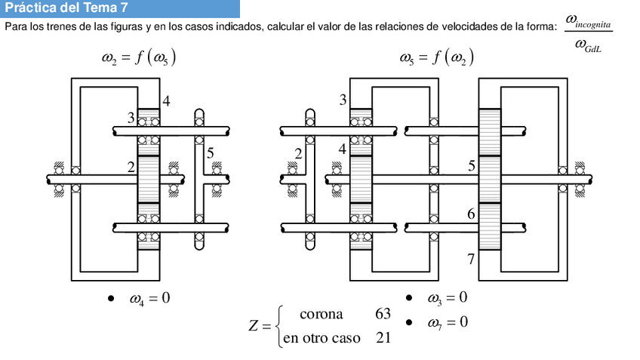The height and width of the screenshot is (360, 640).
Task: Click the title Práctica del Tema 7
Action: pos(66,8)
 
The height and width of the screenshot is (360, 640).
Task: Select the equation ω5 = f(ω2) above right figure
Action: pos(435,57)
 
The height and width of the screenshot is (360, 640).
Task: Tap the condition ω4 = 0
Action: pos(149,299)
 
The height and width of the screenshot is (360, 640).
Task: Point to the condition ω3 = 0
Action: pos(447,298)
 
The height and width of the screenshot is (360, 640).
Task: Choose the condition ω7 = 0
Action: pos(447,322)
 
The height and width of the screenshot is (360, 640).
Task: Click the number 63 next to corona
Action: pos(383,314)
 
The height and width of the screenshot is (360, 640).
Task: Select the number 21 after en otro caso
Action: pos(383,337)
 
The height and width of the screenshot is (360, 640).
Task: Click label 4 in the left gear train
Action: pos(166,101)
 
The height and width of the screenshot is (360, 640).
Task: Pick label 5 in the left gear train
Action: pos(210,153)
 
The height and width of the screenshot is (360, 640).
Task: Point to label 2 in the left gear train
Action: pos(131,168)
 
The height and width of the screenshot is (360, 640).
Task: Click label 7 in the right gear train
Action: pos(471,260)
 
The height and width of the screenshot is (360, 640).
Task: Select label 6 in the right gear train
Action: pos(471,214)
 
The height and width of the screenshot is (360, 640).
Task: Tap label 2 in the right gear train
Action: pos(298,154)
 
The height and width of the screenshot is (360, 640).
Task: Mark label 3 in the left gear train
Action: pos(131,118)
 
